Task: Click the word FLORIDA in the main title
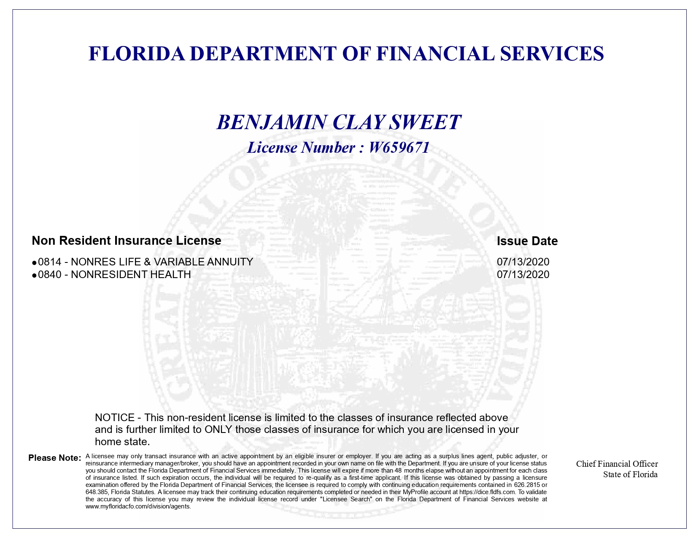click(x=137, y=54)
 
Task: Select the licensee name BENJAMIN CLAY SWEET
click(x=339, y=122)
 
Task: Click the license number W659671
click(x=399, y=148)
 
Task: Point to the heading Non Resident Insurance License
click(x=127, y=241)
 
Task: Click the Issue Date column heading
click(x=527, y=241)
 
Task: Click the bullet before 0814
click(x=35, y=263)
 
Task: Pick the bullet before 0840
click(x=35, y=276)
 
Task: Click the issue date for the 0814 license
click(x=523, y=262)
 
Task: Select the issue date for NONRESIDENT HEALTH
click(x=523, y=275)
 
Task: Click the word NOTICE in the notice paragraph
click(x=115, y=418)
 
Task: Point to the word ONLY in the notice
click(x=219, y=430)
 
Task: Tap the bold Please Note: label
click(x=54, y=458)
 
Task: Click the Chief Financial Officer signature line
click(x=617, y=464)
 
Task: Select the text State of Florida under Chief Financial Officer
click(x=630, y=474)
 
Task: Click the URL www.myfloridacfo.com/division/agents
click(x=138, y=506)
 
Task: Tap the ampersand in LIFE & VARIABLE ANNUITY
click(x=147, y=262)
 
